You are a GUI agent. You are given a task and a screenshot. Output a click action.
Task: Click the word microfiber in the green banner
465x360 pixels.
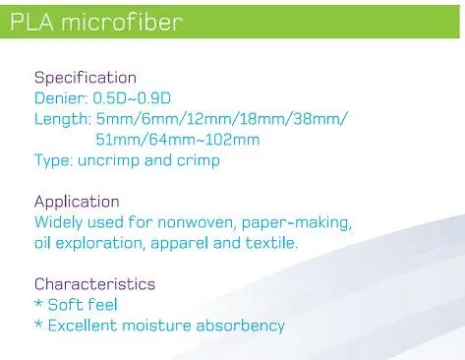click(122, 22)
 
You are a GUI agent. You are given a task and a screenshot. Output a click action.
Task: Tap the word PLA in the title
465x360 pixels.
click(31, 23)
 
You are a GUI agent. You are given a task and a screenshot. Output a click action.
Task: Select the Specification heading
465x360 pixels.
click(86, 79)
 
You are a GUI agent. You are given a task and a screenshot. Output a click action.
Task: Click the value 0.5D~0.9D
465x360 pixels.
click(132, 98)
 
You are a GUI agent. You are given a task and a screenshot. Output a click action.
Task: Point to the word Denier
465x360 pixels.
click(61, 98)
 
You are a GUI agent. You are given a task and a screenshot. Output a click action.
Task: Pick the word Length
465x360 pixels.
click(63, 119)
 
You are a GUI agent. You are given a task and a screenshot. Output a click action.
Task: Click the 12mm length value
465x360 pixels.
click(208, 119)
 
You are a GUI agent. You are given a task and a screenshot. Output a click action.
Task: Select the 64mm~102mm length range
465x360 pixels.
click(204, 140)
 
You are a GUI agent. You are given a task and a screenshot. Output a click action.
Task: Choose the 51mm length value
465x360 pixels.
click(117, 140)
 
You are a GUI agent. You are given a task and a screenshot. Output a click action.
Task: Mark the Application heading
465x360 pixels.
click(77, 202)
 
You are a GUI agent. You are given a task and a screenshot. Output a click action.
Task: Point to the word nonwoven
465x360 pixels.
click(196, 222)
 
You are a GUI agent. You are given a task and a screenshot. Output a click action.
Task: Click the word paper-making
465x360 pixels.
click(297, 223)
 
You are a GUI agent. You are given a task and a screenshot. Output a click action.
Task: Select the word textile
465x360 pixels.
click(270, 243)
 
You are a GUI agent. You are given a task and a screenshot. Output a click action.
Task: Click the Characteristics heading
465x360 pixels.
click(94, 284)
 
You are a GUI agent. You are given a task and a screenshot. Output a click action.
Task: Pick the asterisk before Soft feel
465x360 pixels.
click(38, 303)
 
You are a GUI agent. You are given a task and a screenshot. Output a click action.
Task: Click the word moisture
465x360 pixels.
click(156, 326)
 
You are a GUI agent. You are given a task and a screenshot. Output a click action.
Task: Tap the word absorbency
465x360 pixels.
click(240, 327)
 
